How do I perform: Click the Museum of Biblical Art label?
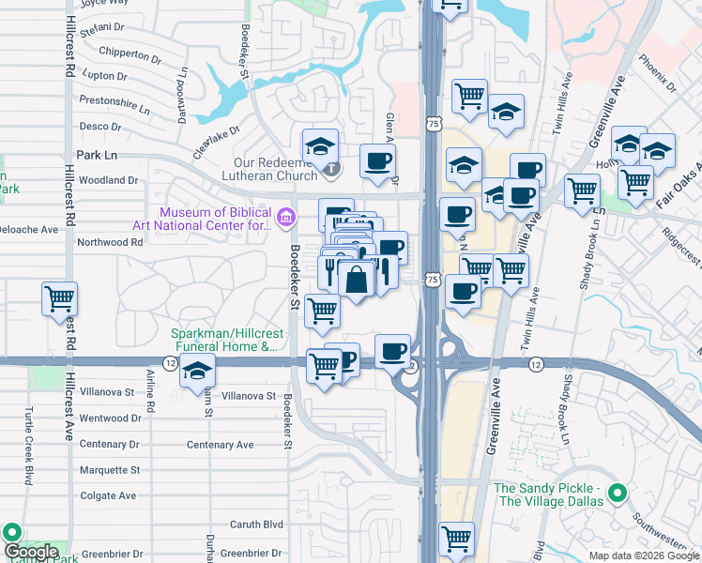(x=219, y=218)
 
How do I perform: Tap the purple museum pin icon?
(x=286, y=219)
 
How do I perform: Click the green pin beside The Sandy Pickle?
(x=617, y=492)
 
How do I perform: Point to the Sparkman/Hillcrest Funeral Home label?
(x=224, y=340)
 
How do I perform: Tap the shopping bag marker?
(x=357, y=279)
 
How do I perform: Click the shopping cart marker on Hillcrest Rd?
(x=60, y=299)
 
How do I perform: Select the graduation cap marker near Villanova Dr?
(x=197, y=373)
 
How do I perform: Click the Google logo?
(x=30, y=552)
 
